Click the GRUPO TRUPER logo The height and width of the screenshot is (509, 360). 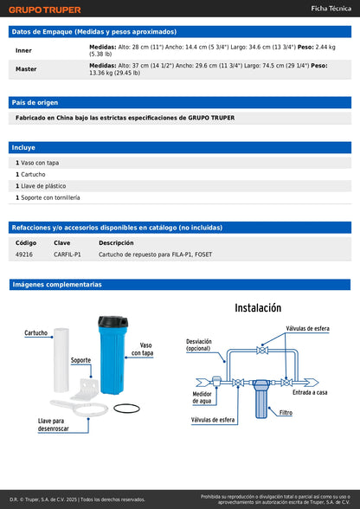click(x=46, y=10)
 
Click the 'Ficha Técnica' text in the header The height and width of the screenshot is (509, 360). click(x=331, y=8)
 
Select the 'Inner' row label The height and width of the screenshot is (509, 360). click(x=23, y=50)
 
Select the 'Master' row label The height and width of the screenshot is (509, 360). click(x=26, y=68)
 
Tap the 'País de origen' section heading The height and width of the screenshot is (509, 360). click(x=35, y=102)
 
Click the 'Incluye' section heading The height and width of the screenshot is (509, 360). click(x=24, y=147)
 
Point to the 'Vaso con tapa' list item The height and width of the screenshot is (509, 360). click(x=40, y=163)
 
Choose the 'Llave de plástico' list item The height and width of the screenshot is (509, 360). click(x=43, y=186)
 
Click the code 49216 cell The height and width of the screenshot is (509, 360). click(x=24, y=254)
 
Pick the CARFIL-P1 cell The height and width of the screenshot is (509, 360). click(x=67, y=254)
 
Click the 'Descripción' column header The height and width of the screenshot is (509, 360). click(x=116, y=243)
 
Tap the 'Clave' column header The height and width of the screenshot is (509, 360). click(x=62, y=243)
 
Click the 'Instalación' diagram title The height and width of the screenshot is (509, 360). click(x=258, y=308)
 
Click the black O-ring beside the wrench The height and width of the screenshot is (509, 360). click(x=126, y=409)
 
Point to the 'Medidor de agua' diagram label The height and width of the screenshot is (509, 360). click(x=202, y=397)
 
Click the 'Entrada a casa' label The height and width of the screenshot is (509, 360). click(x=309, y=392)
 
